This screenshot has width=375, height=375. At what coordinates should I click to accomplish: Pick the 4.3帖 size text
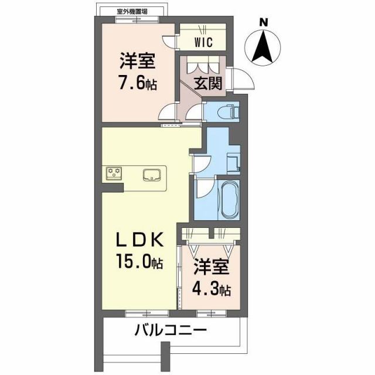(x=212, y=289)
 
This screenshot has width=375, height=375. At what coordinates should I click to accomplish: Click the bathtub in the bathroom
(x=227, y=199)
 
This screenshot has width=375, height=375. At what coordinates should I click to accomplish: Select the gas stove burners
(x=114, y=173)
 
